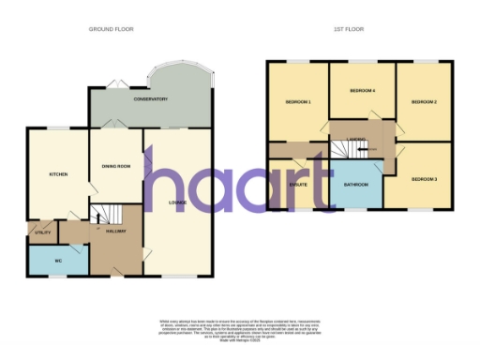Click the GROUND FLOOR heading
pyautogui.click(x=111, y=29)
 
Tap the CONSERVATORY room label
pyautogui.click(x=150, y=99)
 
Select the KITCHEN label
pyautogui.click(x=58, y=174)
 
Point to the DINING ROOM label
pyautogui.click(x=116, y=167)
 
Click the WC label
pyautogui.click(x=57, y=260)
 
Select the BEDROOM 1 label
pyautogui.click(x=297, y=101)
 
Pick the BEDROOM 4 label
pyautogui.click(x=362, y=91)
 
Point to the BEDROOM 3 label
pyautogui.click(x=424, y=178)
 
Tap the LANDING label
pyautogui.click(x=355, y=140)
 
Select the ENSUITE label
pyautogui.click(x=299, y=186)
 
